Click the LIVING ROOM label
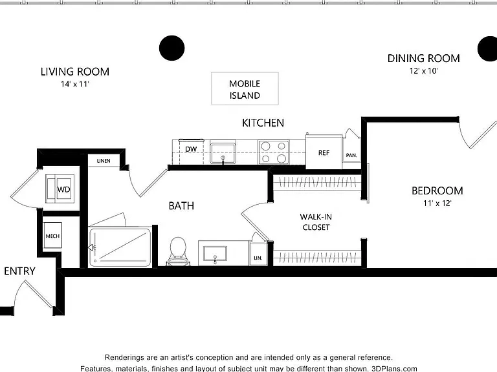[75, 72]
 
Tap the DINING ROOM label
[423, 58]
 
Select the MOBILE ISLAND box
[245, 88]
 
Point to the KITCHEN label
[263, 123]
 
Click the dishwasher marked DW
[191, 152]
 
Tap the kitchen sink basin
[223, 153]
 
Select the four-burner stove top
[274, 152]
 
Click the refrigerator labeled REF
[324, 152]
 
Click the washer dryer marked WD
[60, 189]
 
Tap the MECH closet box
[52, 236]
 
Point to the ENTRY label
[19, 271]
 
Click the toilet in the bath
[178, 251]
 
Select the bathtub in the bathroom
[120, 247]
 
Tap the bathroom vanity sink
[215, 253]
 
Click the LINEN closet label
[104, 161]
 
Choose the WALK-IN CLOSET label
[316, 222]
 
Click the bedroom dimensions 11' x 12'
[437, 203]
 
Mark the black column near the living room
[171, 48]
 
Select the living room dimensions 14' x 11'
[75, 84]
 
